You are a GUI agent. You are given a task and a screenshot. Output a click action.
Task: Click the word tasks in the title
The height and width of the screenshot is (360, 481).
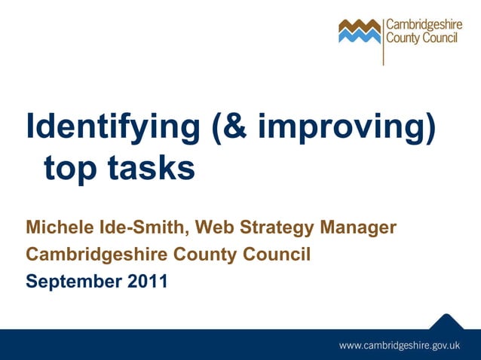pyautogui.click(x=154, y=167)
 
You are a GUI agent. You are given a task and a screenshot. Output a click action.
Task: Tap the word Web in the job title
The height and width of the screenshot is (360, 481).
pyautogui.click(x=214, y=227)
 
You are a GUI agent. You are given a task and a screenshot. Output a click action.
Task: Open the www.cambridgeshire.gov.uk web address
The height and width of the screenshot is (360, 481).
pyautogui.click(x=399, y=345)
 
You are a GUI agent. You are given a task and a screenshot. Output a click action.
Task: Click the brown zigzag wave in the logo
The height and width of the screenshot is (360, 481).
pyautogui.click(x=360, y=27)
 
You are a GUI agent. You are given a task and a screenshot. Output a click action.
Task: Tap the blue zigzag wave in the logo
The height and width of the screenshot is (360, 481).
pyautogui.click(x=360, y=37)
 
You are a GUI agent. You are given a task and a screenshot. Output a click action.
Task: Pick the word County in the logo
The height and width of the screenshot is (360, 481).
pyautogui.click(x=403, y=38)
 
